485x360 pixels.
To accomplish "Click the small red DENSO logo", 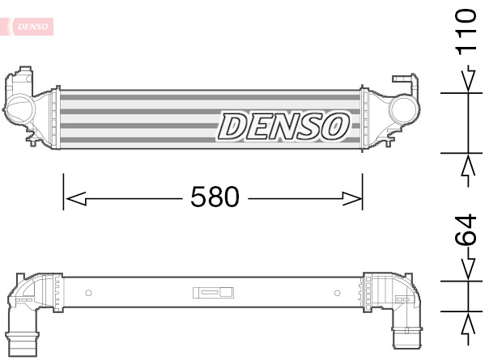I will (31, 27).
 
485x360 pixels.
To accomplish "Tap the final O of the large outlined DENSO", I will (334, 126).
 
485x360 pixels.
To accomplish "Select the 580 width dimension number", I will (215, 197).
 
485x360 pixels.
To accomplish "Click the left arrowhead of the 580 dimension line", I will (73, 197).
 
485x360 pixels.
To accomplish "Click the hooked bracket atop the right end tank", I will (402, 81).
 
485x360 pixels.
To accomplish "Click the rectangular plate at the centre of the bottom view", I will (213, 292).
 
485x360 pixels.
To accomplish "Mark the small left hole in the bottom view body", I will (88, 292).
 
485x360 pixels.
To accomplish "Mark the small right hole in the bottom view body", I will (338, 292).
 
